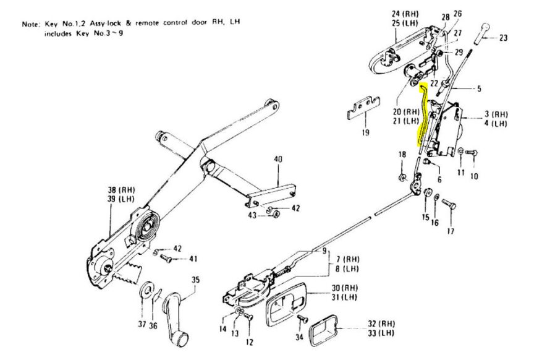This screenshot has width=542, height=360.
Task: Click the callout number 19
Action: (x=366, y=132)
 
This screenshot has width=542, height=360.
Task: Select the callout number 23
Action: (x=503, y=38)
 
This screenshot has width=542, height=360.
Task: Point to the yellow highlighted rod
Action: (x=423, y=114)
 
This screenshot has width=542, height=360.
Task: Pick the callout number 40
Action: (x=278, y=160)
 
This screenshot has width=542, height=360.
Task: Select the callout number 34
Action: (x=299, y=336)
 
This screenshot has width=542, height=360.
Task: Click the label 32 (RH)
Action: (x=381, y=324)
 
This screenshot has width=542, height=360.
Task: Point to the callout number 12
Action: (x=249, y=342)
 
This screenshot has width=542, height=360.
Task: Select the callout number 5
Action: (x=479, y=89)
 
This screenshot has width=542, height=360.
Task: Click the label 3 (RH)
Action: (x=495, y=114)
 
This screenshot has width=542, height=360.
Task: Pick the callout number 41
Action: (x=193, y=259)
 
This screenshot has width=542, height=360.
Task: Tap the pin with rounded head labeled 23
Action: (x=481, y=33)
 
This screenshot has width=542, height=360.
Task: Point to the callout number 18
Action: (x=402, y=154)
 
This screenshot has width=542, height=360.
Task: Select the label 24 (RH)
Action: (x=405, y=14)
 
